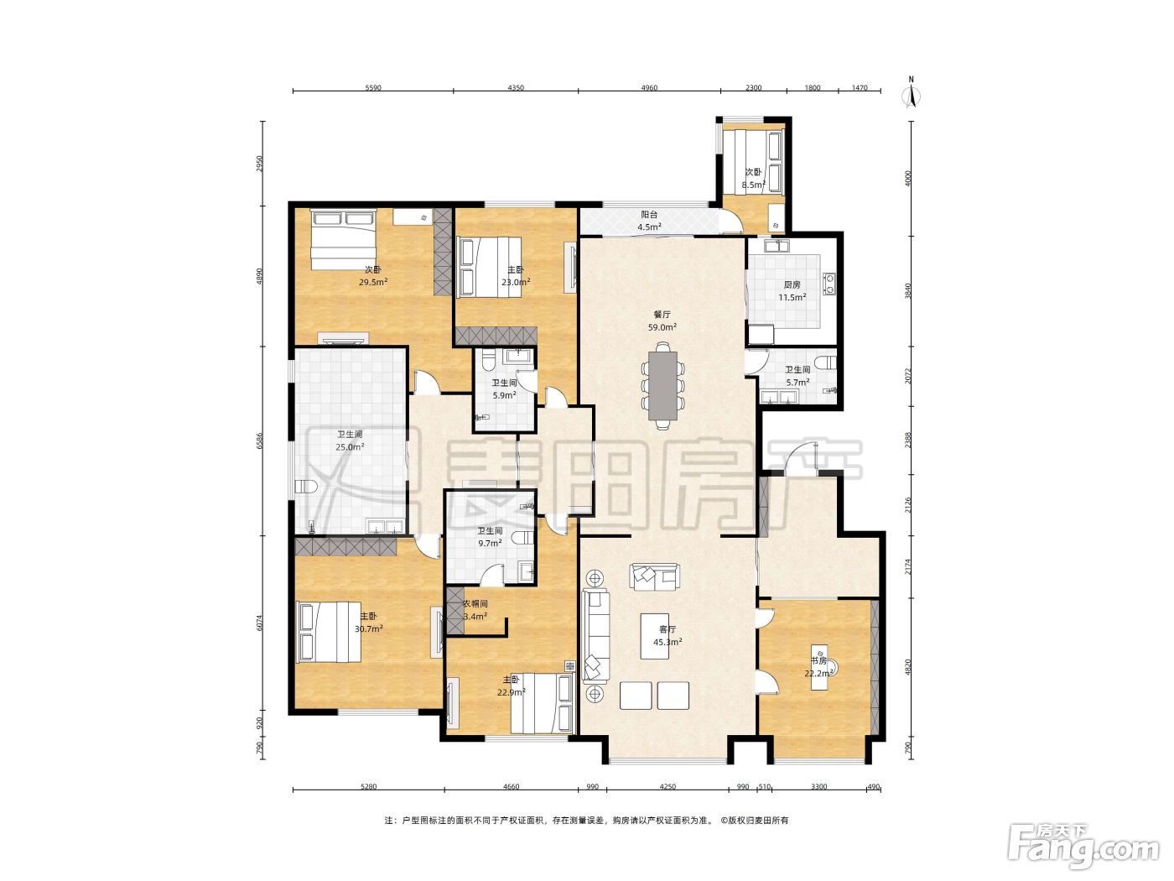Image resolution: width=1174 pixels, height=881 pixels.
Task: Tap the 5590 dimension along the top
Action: click(x=373, y=88)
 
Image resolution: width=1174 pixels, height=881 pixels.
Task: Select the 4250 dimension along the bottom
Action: click(x=668, y=786)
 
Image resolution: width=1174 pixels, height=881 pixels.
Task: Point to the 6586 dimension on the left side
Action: click(x=260, y=440)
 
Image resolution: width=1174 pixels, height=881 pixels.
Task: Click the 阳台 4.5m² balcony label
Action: click(x=649, y=221)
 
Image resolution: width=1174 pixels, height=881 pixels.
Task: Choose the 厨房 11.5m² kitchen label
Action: click(x=792, y=291)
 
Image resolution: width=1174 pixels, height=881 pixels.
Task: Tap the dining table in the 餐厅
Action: click(x=663, y=386)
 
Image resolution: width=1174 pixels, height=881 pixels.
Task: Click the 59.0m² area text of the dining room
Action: click(x=662, y=327)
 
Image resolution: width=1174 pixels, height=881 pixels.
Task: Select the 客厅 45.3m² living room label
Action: click(x=668, y=635)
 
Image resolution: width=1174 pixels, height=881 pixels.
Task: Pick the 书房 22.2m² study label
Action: click(x=818, y=666)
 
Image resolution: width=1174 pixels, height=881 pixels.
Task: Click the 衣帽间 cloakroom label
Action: click(x=475, y=603)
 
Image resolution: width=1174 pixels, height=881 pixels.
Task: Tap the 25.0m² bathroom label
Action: click(x=350, y=446)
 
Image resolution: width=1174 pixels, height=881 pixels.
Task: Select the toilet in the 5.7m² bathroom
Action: click(x=829, y=361)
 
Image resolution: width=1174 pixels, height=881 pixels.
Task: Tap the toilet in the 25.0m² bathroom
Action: click(x=306, y=487)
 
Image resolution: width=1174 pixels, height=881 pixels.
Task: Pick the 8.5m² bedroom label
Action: click(x=753, y=185)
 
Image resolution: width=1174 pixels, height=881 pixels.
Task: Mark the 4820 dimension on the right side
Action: click(x=907, y=668)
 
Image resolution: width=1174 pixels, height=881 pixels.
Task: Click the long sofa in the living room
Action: click(x=596, y=635)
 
